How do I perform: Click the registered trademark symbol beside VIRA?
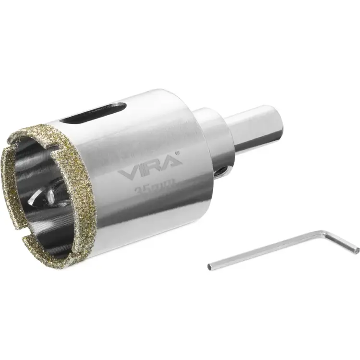(x=178, y=153)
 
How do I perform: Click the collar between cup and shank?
(x=215, y=139)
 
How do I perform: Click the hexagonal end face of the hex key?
(x=210, y=266)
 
